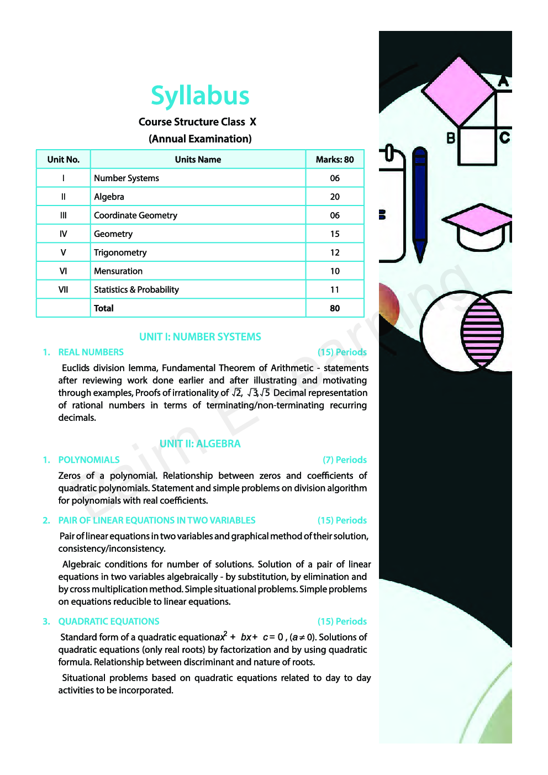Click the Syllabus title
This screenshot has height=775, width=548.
(200, 96)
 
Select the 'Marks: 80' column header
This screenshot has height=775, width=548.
(335, 160)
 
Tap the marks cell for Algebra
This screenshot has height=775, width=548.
(335, 197)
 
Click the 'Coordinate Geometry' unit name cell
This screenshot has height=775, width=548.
(135, 215)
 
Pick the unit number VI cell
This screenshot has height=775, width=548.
(63, 271)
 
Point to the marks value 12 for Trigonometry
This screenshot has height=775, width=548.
(335, 252)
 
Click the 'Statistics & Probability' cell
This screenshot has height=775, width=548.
(136, 289)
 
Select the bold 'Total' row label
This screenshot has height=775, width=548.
(104, 308)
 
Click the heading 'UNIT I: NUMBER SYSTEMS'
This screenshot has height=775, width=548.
(200, 337)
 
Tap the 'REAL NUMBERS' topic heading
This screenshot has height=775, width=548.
(91, 352)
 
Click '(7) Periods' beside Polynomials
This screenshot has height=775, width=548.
(345, 460)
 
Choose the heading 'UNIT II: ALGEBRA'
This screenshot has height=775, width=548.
(200, 444)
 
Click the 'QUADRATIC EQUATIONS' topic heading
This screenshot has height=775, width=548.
(109, 621)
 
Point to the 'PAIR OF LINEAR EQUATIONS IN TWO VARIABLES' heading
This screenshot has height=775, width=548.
(157, 520)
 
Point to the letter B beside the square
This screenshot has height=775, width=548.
(451, 138)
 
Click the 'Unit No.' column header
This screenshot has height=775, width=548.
(64, 160)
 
